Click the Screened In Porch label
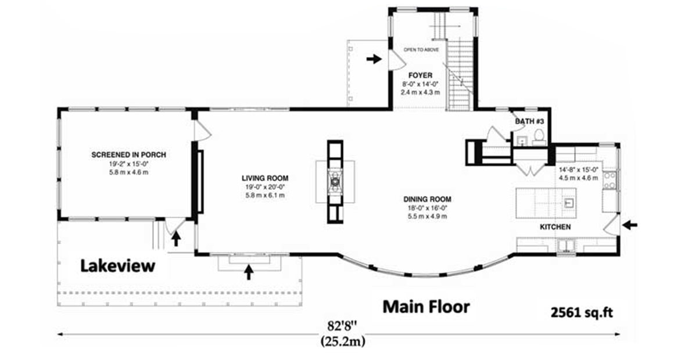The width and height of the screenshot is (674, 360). click(x=128, y=154)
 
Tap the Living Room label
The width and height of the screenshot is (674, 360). click(x=265, y=178)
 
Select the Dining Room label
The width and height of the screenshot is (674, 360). click(x=427, y=199)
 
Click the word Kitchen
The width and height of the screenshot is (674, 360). click(x=555, y=227)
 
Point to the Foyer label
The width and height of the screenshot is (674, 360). click(x=421, y=75)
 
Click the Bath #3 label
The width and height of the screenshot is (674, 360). click(x=529, y=121)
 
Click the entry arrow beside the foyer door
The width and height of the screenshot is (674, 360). click(x=374, y=59)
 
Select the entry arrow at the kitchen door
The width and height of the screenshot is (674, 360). click(x=630, y=224)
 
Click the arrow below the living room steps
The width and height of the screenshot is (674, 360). click(x=249, y=272)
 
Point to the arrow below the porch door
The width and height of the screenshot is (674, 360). click(x=175, y=239)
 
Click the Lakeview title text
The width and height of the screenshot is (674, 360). click(x=118, y=266)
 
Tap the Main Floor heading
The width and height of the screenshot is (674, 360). click(x=426, y=307)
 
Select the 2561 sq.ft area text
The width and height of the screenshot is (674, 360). click(x=582, y=313)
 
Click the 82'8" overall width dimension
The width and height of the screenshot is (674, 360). click(x=343, y=323)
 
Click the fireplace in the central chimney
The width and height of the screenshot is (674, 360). click(x=335, y=182)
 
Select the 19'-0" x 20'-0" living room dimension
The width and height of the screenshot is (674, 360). click(x=265, y=187)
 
